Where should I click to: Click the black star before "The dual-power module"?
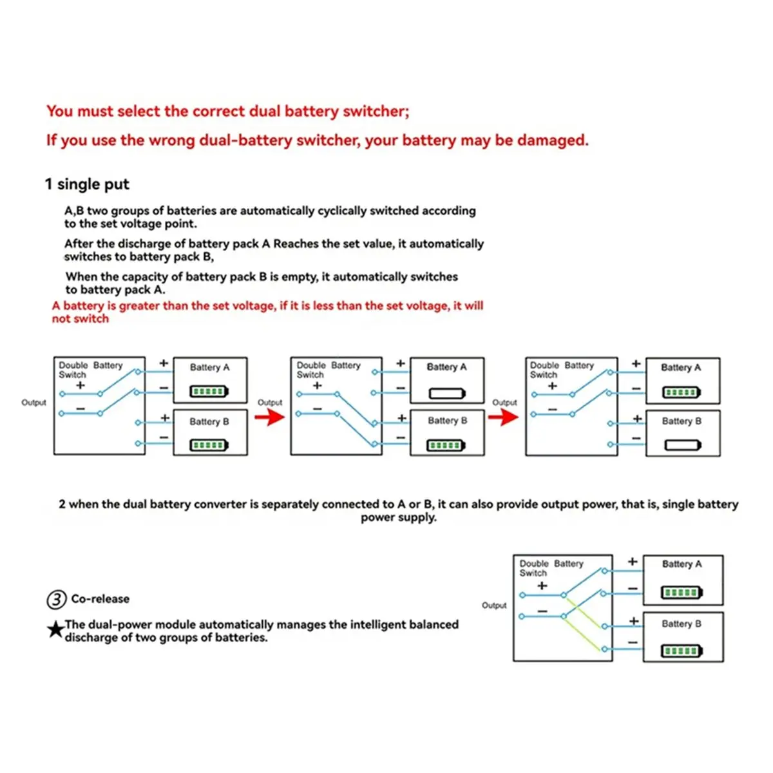coord(56,629)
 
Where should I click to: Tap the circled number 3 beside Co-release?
coord(57,600)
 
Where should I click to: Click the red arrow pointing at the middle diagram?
coord(269,417)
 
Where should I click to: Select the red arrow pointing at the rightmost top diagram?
coord(503,417)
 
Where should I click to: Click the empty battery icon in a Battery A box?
coord(447,392)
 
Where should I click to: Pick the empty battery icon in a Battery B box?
coord(682,445)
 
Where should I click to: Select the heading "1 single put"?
coord(87,184)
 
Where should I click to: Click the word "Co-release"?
coord(100,599)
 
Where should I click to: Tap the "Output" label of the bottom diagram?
coord(494,606)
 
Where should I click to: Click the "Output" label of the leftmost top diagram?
coord(33,403)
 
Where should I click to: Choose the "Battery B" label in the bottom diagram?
coord(682,624)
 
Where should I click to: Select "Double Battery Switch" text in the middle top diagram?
coord(328,370)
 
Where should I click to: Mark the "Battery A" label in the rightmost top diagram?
coord(681,367)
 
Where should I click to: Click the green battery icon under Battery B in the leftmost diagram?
coord(209,445)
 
